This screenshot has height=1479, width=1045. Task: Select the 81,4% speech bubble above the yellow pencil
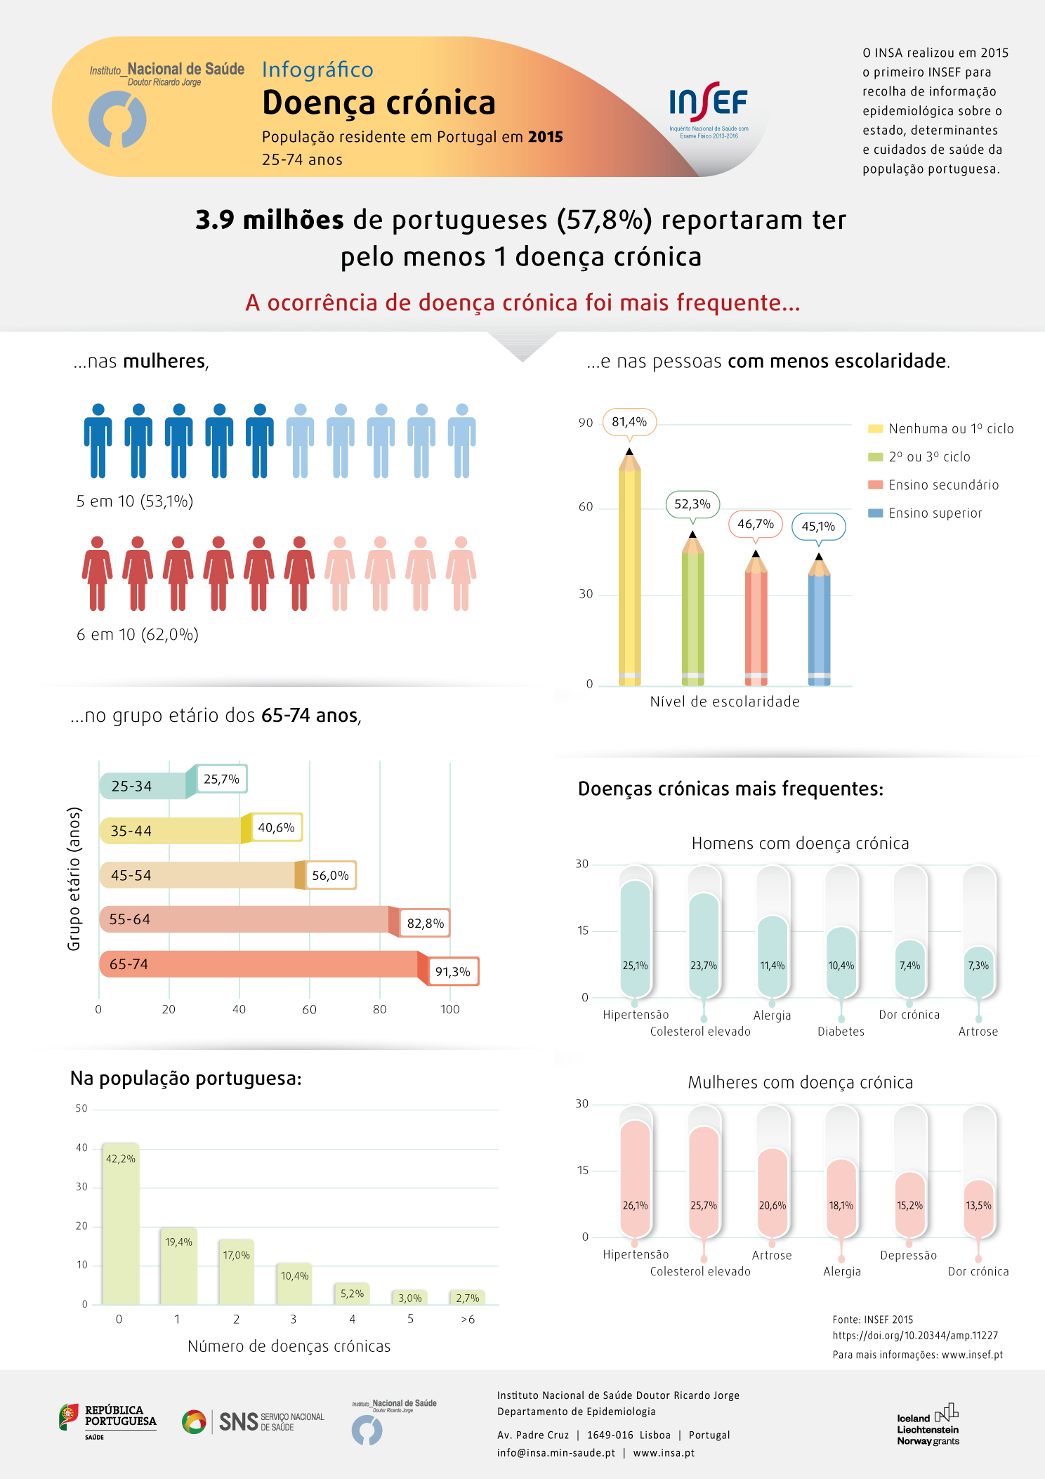(x=629, y=422)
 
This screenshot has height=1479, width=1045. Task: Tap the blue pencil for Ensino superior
(x=819, y=622)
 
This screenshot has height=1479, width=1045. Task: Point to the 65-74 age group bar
(x=260, y=964)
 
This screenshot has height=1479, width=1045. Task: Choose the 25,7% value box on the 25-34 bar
(x=221, y=779)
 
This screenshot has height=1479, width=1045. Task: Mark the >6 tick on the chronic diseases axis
(x=468, y=1320)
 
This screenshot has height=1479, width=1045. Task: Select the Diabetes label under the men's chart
(x=841, y=1032)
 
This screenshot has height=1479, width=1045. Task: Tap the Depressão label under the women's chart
(x=908, y=1256)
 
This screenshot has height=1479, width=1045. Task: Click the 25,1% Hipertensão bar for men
(x=636, y=938)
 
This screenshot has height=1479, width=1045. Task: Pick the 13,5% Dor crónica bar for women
(x=978, y=1208)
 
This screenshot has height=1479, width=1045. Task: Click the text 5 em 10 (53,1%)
(x=135, y=501)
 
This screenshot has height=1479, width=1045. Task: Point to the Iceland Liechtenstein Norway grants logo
(x=928, y=1424)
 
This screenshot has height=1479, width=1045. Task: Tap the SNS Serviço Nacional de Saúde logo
(x=254, y=1421)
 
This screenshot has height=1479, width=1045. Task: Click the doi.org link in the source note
(x=915, y=1336)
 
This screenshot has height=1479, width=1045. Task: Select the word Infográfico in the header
(x=317, y=70)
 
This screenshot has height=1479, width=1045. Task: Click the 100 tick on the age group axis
(x=450, y=1010)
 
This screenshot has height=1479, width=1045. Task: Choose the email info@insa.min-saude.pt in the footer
(x=556, y=1453)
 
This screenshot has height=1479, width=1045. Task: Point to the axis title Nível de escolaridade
(x=725, y=702)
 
